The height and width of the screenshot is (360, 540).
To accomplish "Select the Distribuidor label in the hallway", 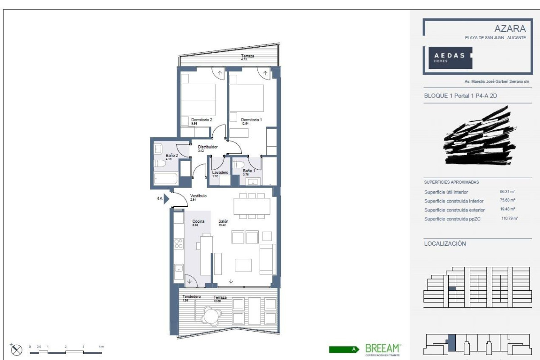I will [208, 147].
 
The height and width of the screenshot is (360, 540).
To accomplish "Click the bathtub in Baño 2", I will [166, 178].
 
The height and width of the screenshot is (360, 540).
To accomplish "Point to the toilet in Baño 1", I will [239, 164].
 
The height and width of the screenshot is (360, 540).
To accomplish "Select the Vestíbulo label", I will [198, 196].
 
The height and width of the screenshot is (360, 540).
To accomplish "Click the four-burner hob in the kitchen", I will [178, 243].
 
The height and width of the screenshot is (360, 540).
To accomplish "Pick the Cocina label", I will [198, 221].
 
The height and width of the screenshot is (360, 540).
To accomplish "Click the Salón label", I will [223, 221].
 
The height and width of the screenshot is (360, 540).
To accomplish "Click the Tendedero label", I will [191, 297].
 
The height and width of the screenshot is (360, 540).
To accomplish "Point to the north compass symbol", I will [17, 349].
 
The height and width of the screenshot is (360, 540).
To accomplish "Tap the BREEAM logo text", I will [382, 348].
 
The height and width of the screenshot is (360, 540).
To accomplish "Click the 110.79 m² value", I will [509, 219].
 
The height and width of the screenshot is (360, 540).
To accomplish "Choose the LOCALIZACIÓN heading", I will [445, 243].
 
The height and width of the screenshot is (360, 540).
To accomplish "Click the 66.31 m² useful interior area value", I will [508, 192].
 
